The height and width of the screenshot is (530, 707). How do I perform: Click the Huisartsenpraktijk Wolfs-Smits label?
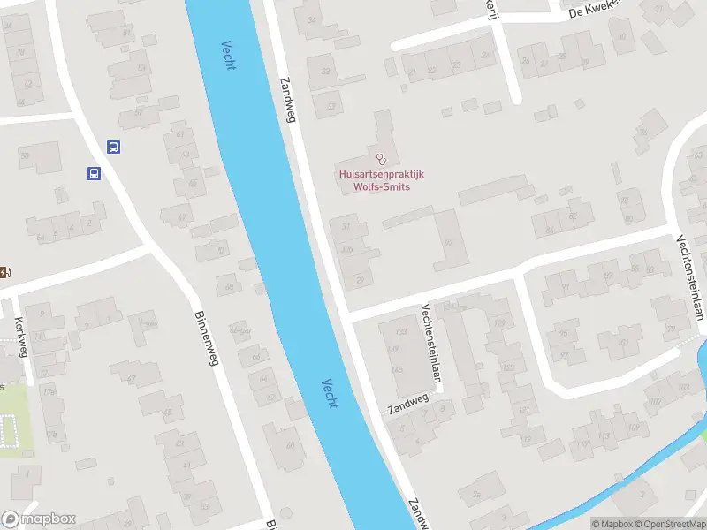tap(381, 180)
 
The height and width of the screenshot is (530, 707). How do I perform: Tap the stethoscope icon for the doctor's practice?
tap(381, 159)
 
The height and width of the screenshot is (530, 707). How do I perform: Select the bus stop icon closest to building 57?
tap(113, 148)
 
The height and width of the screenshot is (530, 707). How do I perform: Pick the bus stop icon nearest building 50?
tap(93, 173)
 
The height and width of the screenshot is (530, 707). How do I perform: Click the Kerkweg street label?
tap(21, 337)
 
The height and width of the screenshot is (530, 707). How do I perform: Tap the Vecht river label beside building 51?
tap(228, 56)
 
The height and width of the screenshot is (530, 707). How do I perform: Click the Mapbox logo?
tap(39, 519)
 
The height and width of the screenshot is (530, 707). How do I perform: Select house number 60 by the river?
tap(290, 443)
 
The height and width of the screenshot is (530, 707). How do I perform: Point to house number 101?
tap(624, 343)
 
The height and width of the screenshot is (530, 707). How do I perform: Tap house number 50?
tap(25, 156)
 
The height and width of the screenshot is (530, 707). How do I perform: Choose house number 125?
tap(507, 367)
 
